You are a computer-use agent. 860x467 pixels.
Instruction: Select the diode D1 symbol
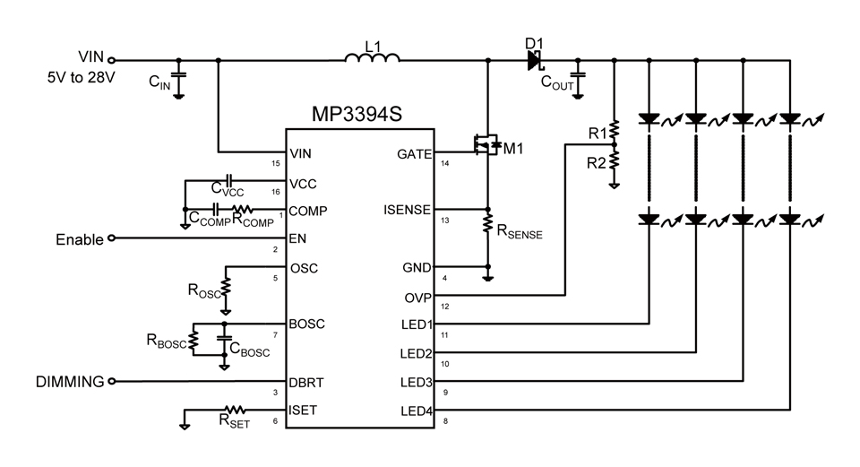536,60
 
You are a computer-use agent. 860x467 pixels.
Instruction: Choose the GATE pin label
414,154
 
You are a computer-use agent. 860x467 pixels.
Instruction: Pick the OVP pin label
417,297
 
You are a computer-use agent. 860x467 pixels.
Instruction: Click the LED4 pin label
415,411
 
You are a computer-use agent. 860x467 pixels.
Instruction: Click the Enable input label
80,239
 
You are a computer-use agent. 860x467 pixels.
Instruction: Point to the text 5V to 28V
81,78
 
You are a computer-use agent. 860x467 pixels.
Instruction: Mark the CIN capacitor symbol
178,74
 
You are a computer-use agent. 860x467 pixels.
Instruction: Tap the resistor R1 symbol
615,131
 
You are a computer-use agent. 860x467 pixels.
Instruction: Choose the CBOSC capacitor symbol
224,342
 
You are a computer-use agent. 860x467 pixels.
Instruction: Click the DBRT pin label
306,382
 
